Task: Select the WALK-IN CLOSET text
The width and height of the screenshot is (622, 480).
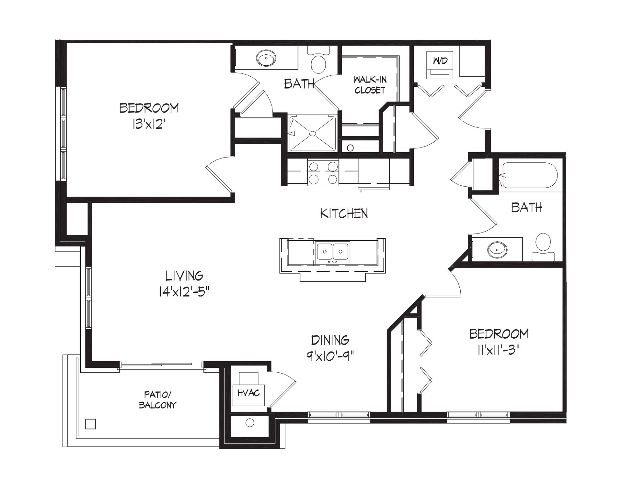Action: [x=370, y=85]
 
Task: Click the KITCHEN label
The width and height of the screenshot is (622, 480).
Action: [x=344, y=213]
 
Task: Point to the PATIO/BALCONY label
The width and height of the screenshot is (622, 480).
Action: [x=157, y=400]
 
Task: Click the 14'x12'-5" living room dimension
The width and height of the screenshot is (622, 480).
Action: [x=184, y=292]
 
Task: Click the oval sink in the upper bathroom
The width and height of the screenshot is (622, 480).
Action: [x=266, y=59]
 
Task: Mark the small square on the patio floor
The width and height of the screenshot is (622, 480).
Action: [x=91, y=424]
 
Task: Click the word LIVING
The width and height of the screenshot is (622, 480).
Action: [x=184, y=276]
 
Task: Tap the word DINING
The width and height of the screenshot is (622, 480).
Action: [x=330, y=340]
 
